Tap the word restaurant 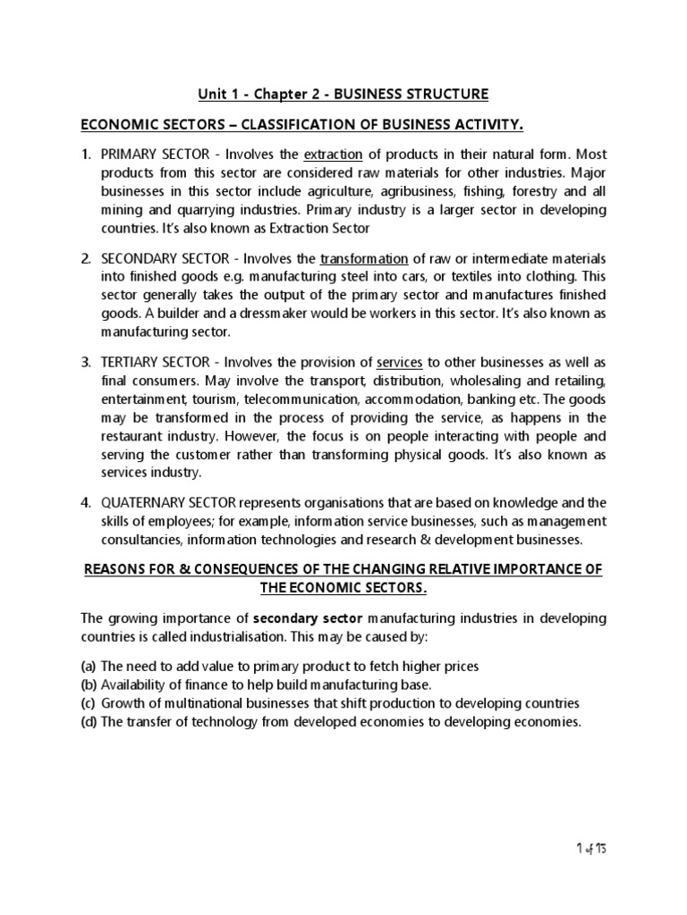pyautogui.click(x=132, y=437)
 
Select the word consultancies pyautogui.click(x=141, y=540)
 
